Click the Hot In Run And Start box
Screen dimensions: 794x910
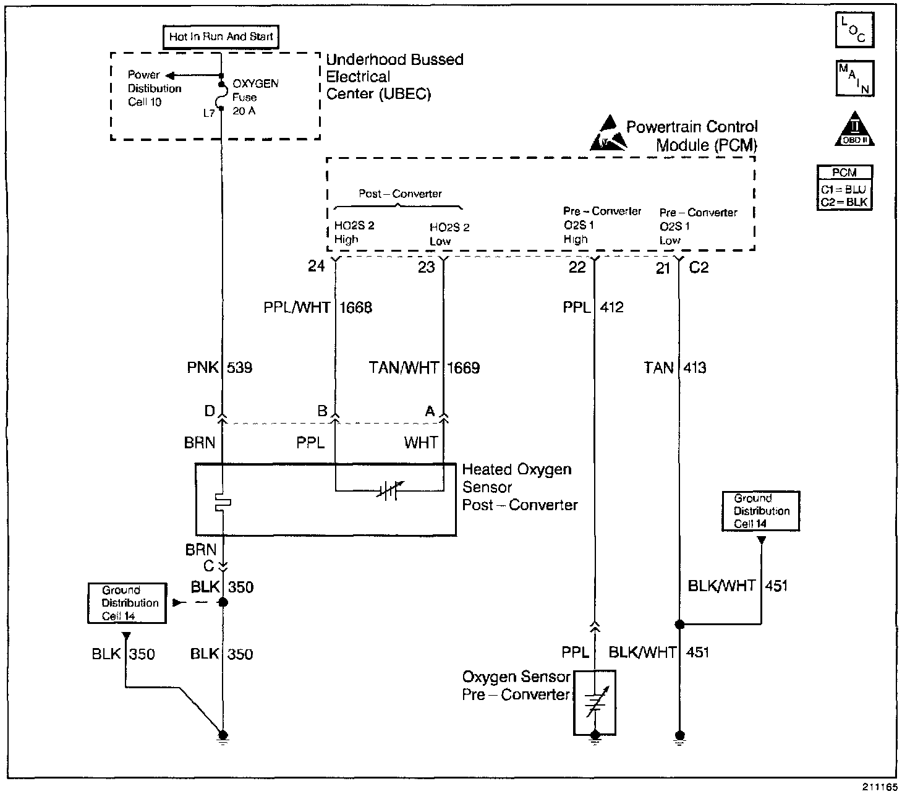(221, 37)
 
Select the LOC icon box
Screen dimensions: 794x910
(855, 30)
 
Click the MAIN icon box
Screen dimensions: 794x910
(855, 78)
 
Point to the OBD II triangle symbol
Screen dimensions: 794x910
(855, 129)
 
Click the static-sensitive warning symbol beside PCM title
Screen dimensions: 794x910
(608, 133)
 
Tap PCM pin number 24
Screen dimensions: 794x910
(317, 267)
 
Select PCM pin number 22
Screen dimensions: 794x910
(577, 267)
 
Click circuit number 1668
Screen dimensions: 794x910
(355, 307)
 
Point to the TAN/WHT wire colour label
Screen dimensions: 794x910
(403, 368)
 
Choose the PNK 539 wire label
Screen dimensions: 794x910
(220, 368)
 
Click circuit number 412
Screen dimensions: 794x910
(611, 307)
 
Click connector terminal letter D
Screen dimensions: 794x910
(210, 411)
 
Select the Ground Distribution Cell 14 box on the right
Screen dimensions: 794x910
(761, 511)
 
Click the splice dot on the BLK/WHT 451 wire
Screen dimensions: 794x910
(679, 625)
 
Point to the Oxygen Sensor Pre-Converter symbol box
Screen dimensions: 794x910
(595, 702)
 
